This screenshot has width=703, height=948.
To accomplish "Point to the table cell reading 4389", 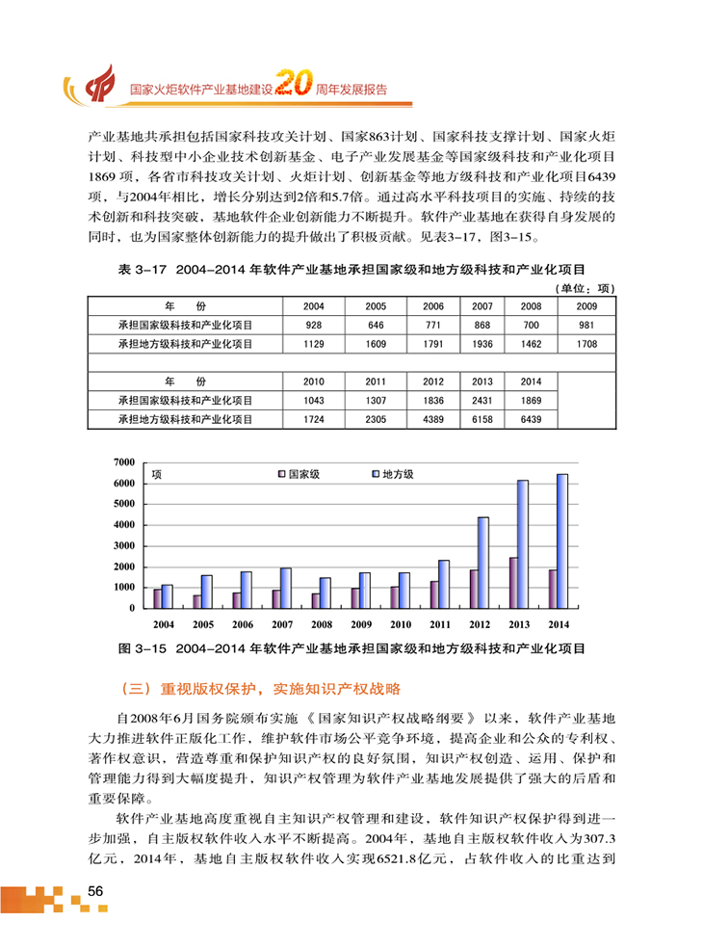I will point(433,419).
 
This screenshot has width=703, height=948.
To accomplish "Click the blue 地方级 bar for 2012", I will point(482,562).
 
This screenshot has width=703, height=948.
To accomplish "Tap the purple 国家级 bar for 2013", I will point(513,582).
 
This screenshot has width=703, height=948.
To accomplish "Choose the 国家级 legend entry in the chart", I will point(299,474).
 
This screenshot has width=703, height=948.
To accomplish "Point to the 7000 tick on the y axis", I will point(124,462).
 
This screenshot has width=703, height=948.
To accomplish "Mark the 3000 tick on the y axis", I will point(124,546).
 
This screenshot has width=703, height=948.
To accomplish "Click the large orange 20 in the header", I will point(292,87).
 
